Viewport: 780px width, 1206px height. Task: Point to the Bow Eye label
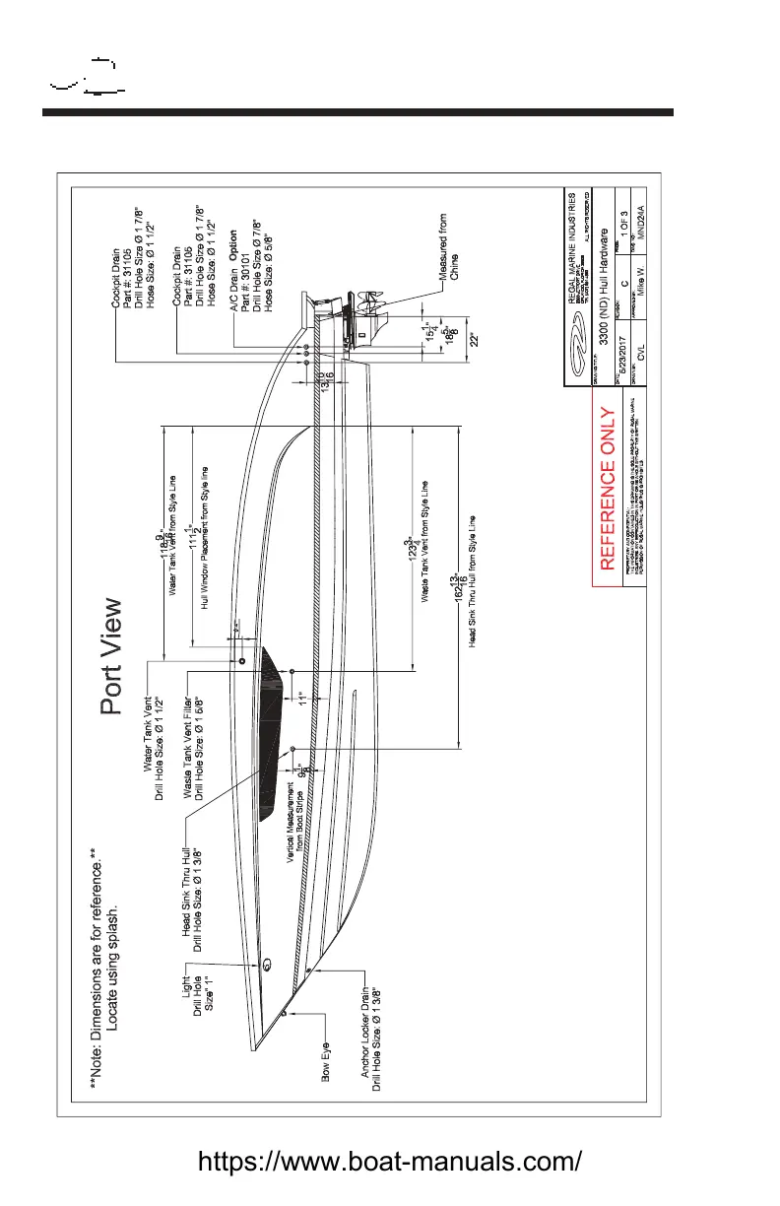coord(328,1084)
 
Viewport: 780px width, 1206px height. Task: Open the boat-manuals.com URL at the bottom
coord(390,1160)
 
